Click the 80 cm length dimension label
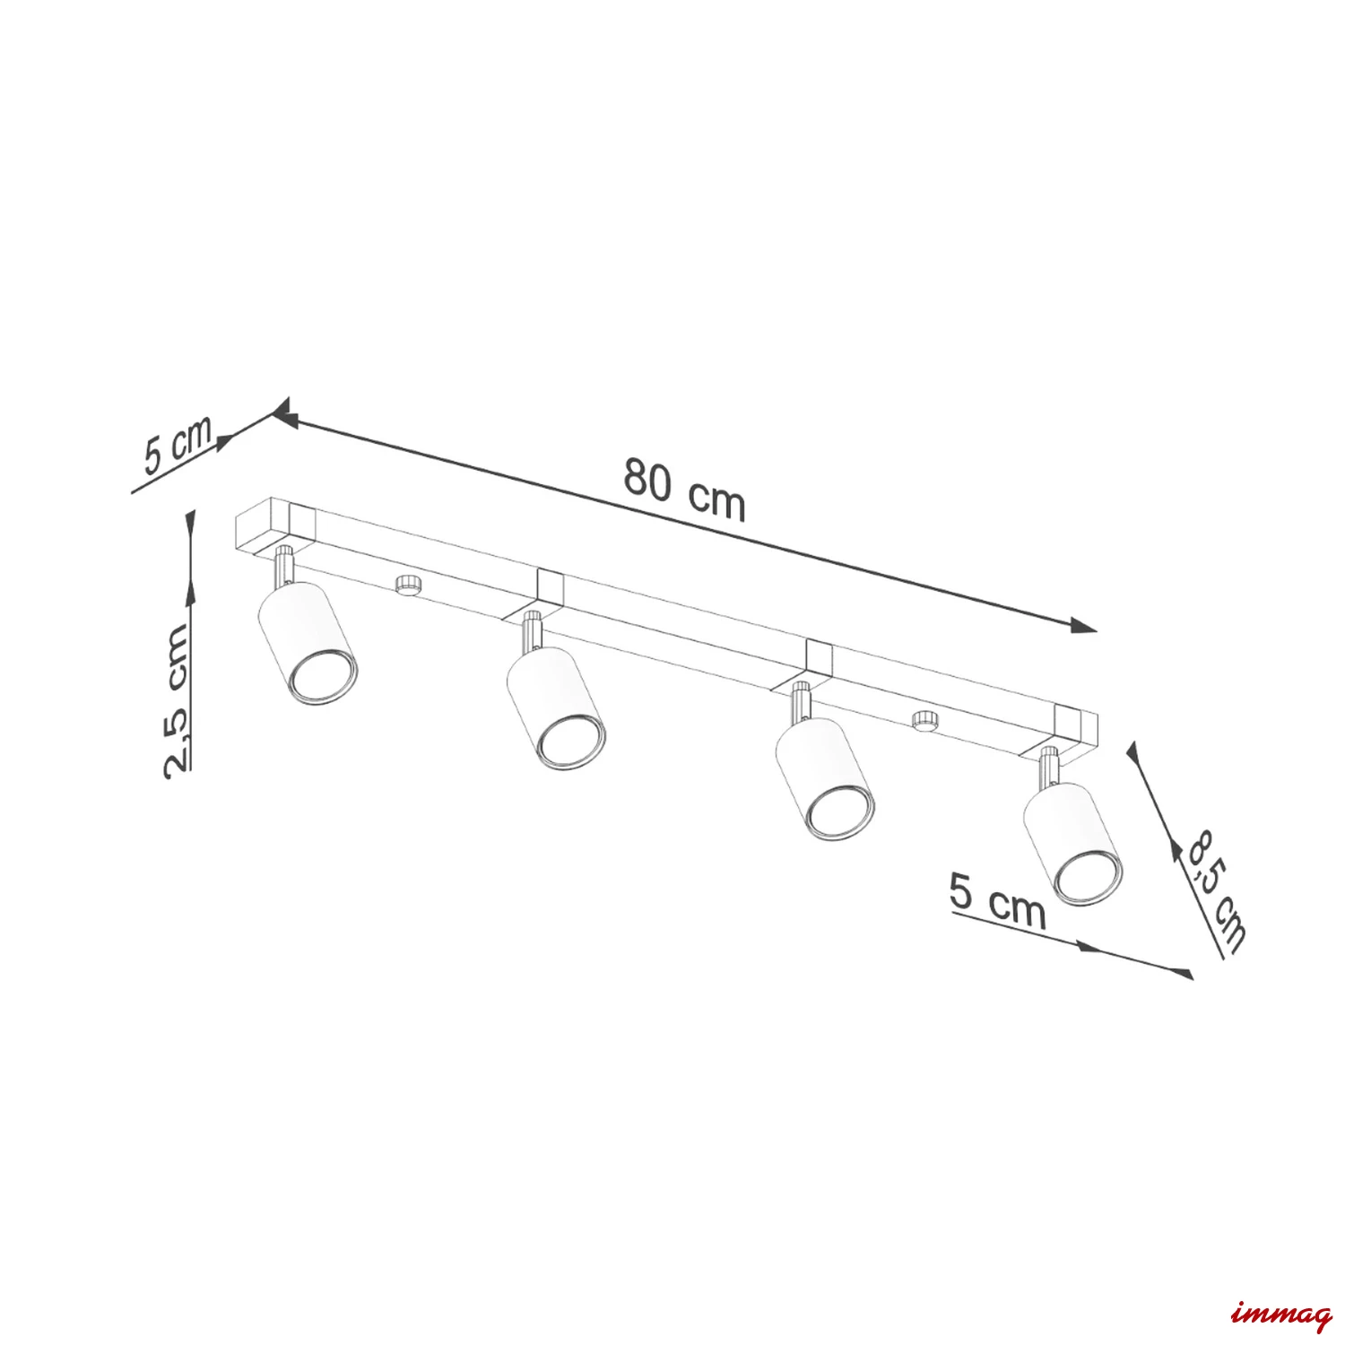[685, 490]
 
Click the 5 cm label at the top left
[178, 443]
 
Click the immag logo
[1282, 1317]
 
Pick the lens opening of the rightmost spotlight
[1087, 876]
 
